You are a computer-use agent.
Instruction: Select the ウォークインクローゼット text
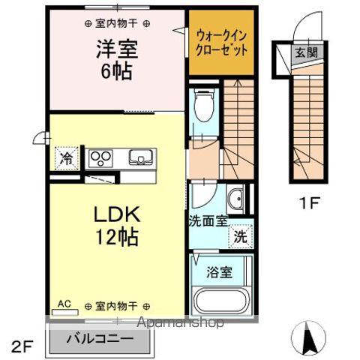click(221, 40)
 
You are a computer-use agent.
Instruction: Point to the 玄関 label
click(304, 53)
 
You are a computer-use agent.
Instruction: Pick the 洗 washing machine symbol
click(239, 235)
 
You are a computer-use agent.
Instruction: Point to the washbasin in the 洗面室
click(234, 199)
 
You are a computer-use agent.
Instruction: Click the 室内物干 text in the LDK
click(117, 306)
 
